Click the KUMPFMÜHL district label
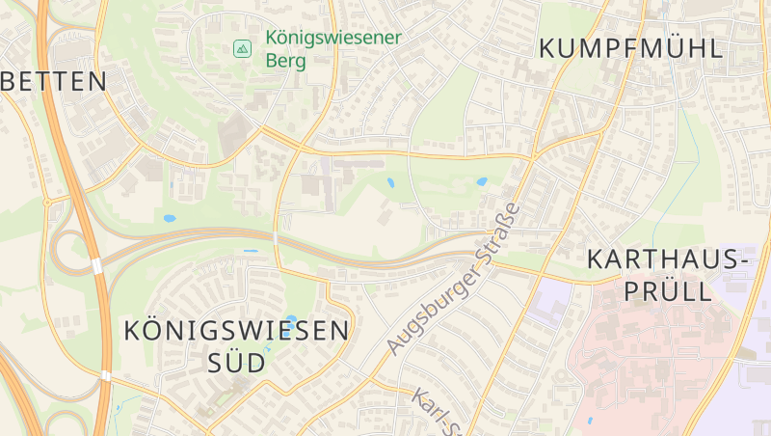[630, 48]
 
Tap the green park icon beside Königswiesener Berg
[242, 47]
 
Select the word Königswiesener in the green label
[332, 40]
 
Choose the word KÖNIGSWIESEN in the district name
[236, 331]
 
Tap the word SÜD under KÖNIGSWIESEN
[236, 363]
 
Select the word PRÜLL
[666, 290]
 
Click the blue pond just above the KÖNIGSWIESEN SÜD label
[292, 319]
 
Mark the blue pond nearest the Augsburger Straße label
[481, 181]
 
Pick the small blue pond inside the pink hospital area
[590, 420]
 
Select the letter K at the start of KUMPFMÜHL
[548, 48]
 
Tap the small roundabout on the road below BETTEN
[46, 203]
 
